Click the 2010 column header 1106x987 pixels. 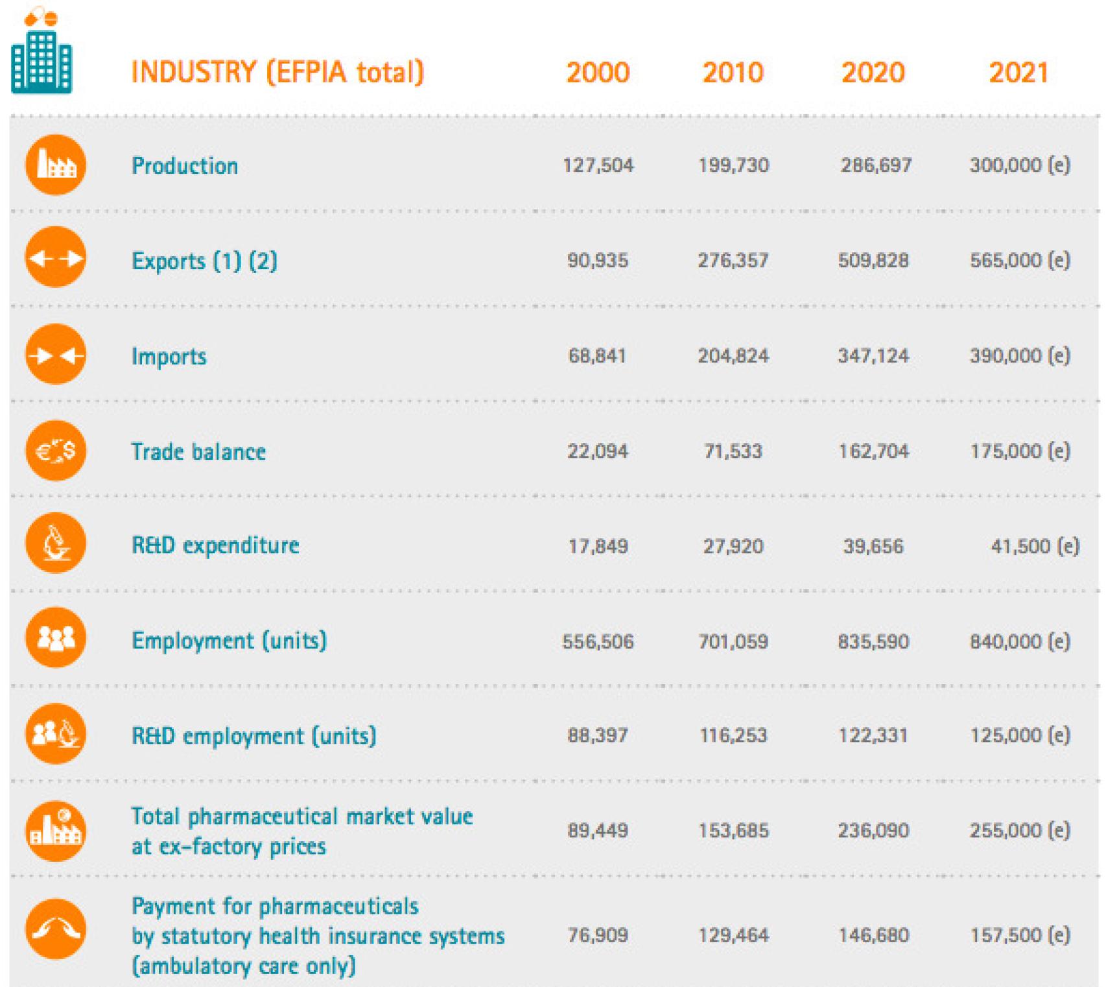point(733,73)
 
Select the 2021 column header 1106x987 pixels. point(1018,73)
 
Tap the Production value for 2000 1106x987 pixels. point(598,165)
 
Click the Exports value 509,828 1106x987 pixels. point(873,261)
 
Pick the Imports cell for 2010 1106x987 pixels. point(733,356)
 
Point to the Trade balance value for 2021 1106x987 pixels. point(1019,451)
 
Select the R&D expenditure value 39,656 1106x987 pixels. point(873,547)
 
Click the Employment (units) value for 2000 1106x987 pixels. point(598,642)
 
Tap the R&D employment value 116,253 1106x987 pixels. point(733,735)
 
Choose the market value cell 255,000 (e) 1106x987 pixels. point(1019,831)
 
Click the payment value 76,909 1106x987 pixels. point(598,935)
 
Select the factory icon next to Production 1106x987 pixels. point(56,165)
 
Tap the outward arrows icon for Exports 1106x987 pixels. point(56,258)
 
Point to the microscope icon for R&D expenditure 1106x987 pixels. point(56,543)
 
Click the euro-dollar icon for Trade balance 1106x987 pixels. point(56,450)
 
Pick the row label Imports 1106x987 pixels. point(169,357)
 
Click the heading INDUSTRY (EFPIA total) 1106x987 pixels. point(277,72)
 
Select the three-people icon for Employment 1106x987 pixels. point(56,638)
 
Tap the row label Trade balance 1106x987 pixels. point(198,451)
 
